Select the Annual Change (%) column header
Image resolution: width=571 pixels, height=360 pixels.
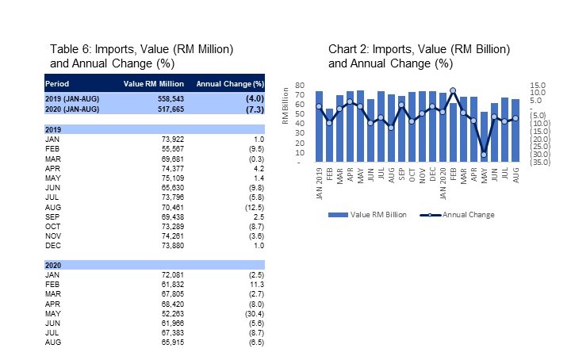point(230,83)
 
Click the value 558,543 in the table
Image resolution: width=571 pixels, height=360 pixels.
point(167,98)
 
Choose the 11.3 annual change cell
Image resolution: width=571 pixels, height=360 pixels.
point(255,281)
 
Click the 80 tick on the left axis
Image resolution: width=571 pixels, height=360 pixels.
point(300,85)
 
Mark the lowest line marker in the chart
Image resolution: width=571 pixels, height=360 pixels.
point(484,155)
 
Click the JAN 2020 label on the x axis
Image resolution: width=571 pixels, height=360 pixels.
point(442,184)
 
